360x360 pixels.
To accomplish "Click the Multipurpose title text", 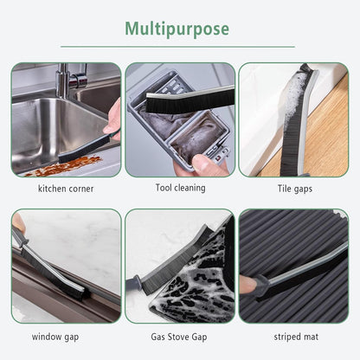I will pos(179,28).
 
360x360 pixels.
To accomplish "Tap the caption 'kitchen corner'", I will pos(66,188).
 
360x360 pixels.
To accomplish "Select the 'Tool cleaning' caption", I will pos(180,188).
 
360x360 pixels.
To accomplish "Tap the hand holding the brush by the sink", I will pos(112,119).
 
